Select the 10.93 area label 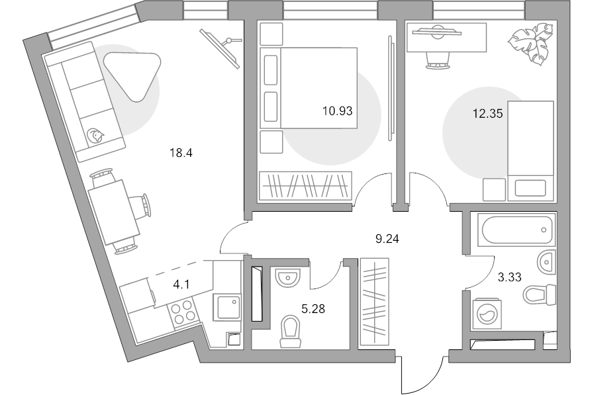[x=337, y=111]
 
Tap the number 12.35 [x=487, y=113]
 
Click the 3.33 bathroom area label [x=510, y=277]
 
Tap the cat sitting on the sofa [x=97, y=135]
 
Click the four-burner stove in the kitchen [x=183, y=312]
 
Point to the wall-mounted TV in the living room [x=221, y=46]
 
